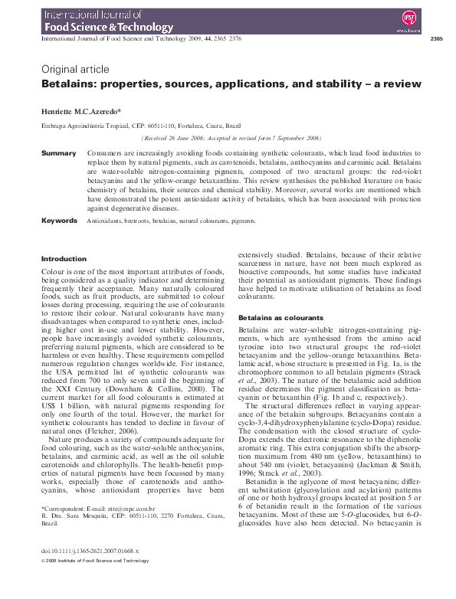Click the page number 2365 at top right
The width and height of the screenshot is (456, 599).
point(437,38)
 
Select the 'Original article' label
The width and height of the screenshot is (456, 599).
point(75,69)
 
